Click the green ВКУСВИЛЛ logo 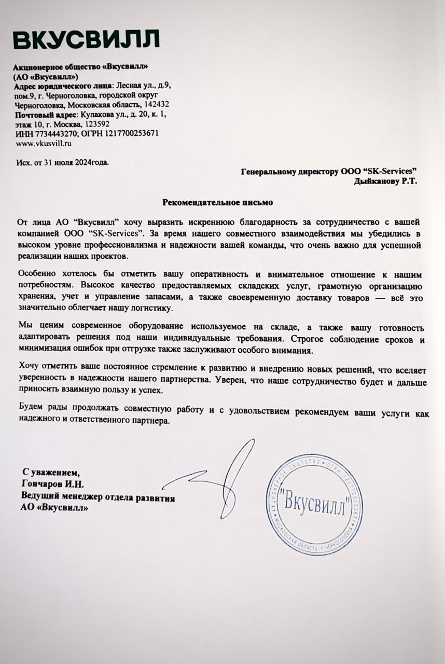click(x=86, y=40)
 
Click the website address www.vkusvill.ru click(x=44, y=142)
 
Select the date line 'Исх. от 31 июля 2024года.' click(x=63, y=162)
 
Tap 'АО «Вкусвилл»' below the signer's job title click(x=54, y=508)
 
